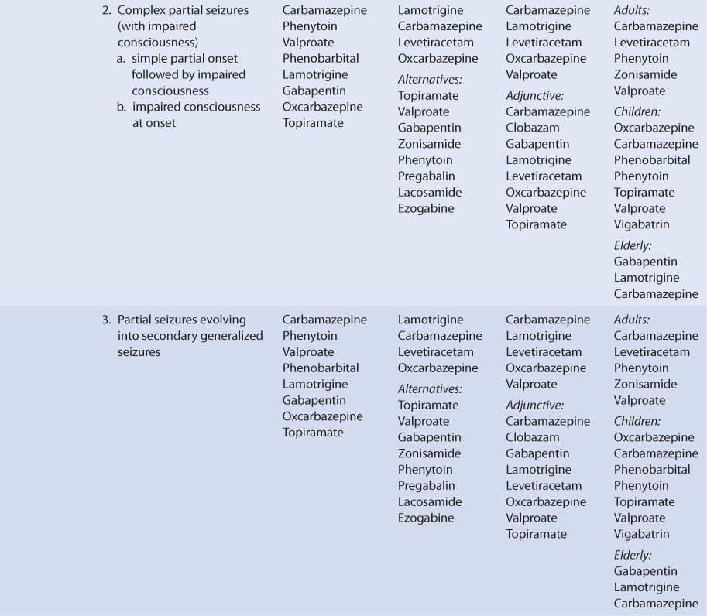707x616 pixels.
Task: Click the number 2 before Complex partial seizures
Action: click(105, 11)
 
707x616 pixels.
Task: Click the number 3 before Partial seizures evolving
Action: click(105, 320)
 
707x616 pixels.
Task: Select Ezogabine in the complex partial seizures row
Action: click(426, 208)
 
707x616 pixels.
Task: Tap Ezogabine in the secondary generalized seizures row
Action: click(426, 518)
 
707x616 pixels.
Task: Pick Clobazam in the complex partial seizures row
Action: click(533, 128)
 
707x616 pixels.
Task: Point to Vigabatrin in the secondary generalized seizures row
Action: click(641, 534)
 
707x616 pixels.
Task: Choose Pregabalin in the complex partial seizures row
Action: click(427, 176)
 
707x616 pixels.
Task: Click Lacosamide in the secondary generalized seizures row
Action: click(430, 501)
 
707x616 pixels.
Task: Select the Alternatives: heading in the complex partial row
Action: click(430, 79)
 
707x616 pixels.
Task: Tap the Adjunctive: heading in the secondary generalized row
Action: click(535, 405)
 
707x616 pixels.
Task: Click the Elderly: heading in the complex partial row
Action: click(633, 245)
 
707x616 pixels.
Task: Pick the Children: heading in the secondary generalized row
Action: click(637, 422)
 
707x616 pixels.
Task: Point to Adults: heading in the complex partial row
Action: click(632, 11)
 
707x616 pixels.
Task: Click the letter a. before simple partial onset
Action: click(122, 59)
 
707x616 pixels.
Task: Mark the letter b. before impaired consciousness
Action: click(122, 107)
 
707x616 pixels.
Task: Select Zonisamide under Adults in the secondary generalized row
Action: click(645, 384)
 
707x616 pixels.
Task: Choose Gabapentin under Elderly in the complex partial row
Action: click(645, 262)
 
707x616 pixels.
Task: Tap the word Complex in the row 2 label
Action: click(139, 11)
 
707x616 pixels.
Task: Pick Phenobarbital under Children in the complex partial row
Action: click(652, 160)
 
